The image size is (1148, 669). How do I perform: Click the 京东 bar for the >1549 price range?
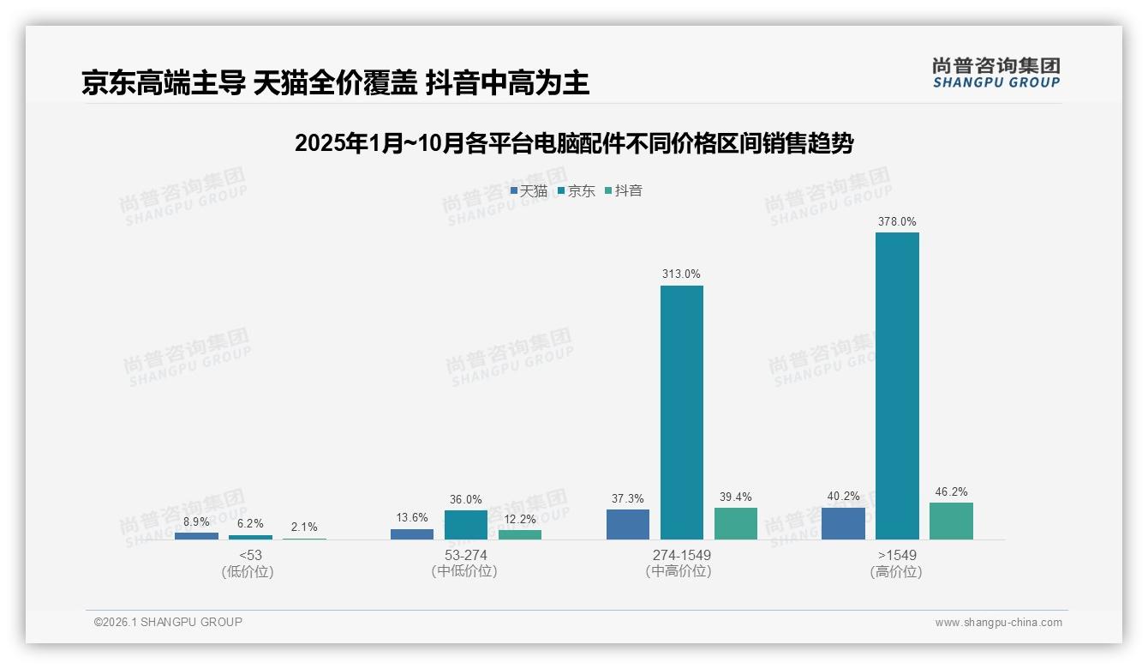pos(897,386)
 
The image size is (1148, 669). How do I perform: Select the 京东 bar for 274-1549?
pos(682,413)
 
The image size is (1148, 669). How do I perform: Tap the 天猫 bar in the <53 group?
pos(196,536)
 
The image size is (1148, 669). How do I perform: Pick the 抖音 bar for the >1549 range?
pos(951,521)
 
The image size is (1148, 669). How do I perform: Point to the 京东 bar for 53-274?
pos(466,525)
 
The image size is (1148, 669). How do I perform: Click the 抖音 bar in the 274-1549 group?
pos(736,523)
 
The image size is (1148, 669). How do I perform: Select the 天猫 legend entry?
pos(529,190)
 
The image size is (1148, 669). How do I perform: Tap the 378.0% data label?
pos(897,221)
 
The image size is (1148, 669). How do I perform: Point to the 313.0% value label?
pos(681,274)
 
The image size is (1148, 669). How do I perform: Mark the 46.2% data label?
pos(951,491)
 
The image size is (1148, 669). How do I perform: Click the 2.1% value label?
pos(304,527)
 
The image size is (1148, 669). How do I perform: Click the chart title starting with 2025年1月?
pos(574,143)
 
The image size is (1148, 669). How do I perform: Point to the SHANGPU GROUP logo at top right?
pos(996,72)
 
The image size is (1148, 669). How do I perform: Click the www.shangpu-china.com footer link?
pos(998,623)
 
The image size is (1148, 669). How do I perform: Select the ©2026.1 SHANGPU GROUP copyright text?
pos(168,622)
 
